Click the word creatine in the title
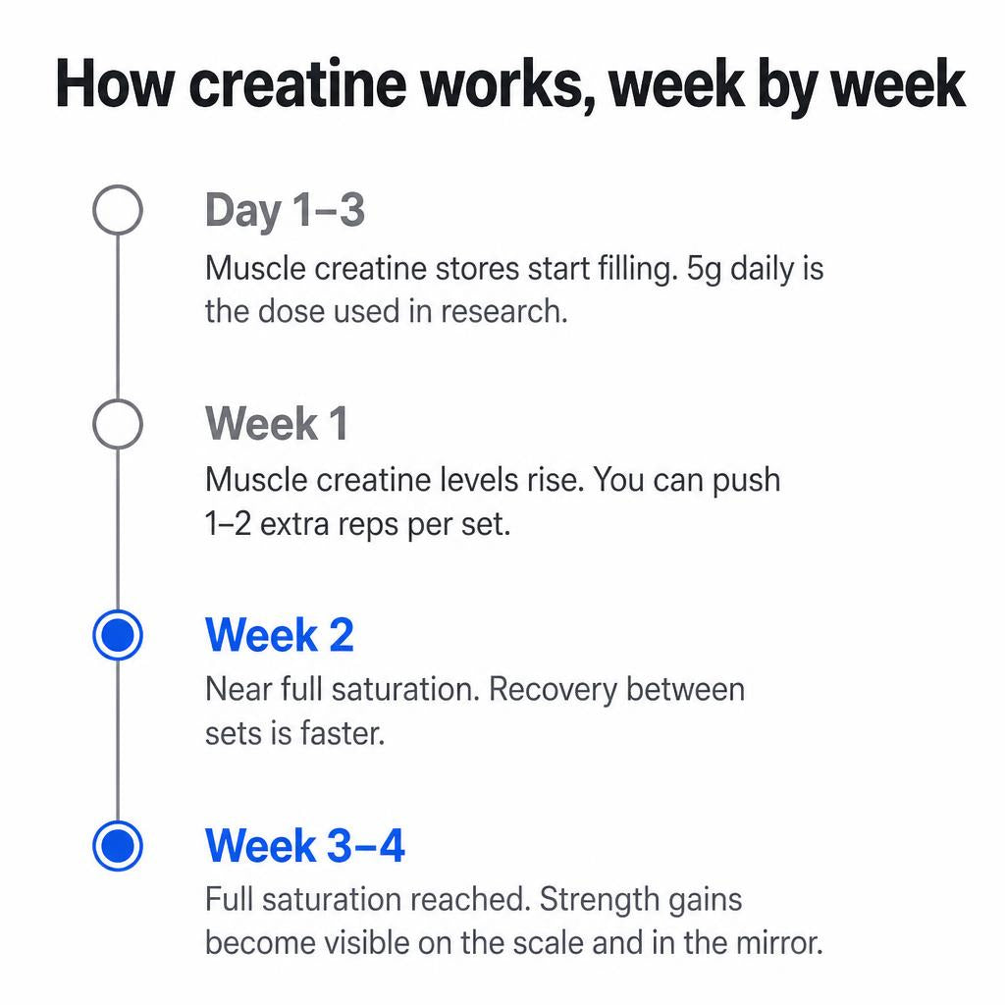(x=297, y=84)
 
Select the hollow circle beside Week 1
(x=118, y=400)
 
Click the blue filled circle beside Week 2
(x=118, y=635)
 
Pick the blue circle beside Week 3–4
(x=118, y=846)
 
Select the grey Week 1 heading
(x=277, y=424)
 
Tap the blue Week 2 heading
(x=280, y=635)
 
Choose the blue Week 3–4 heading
(x=305, y=845)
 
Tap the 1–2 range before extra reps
(x=228, y=524)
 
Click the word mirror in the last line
(x=775, y=943)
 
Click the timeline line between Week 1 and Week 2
(x=118, y=529)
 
